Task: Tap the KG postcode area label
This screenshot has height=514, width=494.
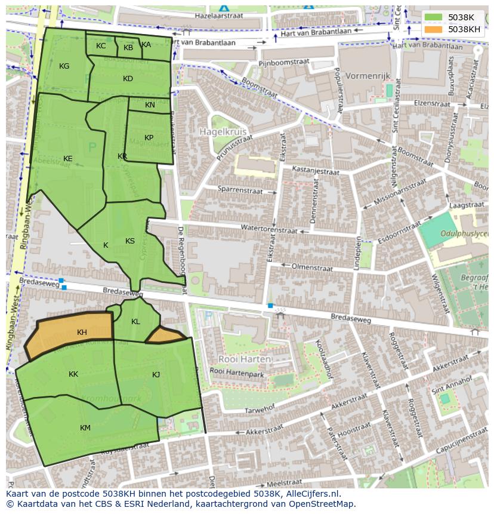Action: tap(64, 66)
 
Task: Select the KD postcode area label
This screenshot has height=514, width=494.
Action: tap(128, 79)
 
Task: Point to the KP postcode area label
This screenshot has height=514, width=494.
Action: tap(149, 138)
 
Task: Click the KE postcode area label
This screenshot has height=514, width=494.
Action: tap(68, 159)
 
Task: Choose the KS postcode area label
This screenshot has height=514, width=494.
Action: tap(130, 241)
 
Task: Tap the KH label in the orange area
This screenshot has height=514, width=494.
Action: tap(82, 333)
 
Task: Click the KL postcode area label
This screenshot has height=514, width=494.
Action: tap(135, 322)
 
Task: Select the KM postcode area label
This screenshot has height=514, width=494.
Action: tap(85, 428)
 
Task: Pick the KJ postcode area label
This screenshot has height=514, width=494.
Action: tap(156, 375)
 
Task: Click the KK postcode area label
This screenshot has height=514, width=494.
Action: tap(73, 374)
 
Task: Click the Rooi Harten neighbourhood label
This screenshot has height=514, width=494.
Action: tap(245, 359)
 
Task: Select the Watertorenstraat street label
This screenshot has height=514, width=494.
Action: tap(268, 228)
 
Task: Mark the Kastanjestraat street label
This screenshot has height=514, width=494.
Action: tap(315, 171)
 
